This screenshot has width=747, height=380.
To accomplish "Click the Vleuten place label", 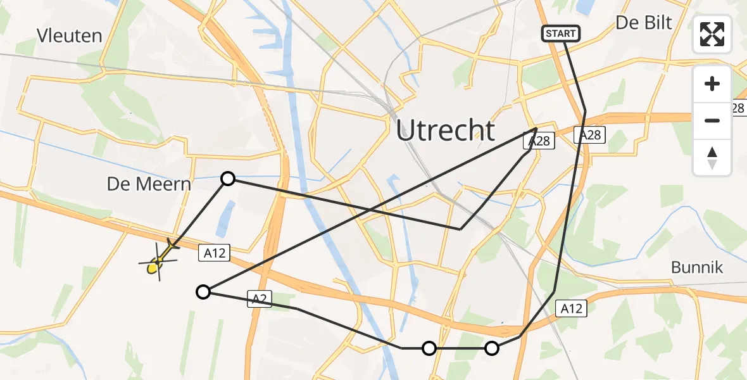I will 70,36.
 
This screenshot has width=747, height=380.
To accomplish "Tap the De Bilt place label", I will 644,23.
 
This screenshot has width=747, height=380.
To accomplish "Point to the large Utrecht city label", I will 446,130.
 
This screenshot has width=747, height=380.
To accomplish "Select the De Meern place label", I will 149,184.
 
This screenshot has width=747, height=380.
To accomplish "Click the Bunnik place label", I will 697,268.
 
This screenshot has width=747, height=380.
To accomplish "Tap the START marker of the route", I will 560,34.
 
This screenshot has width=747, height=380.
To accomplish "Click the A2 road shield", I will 260,299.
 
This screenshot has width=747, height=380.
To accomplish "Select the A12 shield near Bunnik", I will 571,308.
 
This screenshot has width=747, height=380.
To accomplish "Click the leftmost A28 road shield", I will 539,141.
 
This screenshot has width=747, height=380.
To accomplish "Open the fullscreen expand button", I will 712,34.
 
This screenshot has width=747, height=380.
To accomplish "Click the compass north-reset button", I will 712,157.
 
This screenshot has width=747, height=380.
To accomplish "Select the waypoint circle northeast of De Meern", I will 228,179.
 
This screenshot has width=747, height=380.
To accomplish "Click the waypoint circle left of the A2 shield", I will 203,292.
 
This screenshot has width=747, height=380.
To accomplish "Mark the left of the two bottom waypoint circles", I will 429,348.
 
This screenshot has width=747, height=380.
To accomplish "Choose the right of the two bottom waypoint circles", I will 492,348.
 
